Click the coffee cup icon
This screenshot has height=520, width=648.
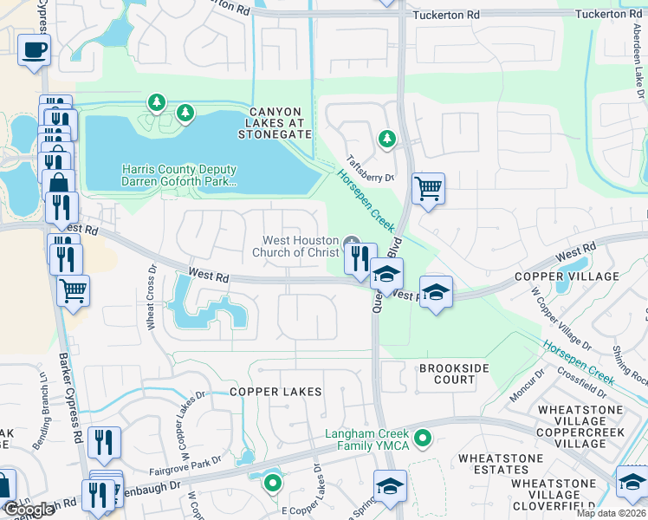click(x=34, y=50)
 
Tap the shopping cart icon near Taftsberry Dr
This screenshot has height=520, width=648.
click(x=429, y=187)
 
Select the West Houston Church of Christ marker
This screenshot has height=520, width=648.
click(x=352, y=242)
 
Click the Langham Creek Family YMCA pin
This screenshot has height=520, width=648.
click(x=422, y=439)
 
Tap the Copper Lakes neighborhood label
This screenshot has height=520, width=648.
click(x=275, y=392)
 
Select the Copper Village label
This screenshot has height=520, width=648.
click(x=580, y=276)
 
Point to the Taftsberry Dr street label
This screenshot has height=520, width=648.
click(x=371, y=165)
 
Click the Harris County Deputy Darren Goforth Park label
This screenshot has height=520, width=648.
click(x=179, y=176)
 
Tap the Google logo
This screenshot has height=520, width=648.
click(x=29, y=510)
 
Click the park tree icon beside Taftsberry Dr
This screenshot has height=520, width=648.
click(x=387, y=138)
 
